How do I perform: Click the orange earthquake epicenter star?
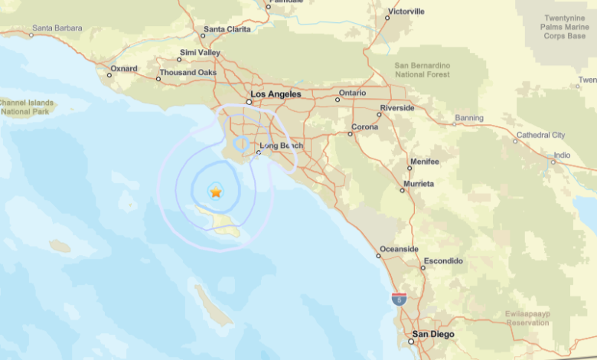(x=216, y=191)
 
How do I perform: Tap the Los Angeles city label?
(x=276, y=94)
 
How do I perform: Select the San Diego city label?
(x=432, y=335)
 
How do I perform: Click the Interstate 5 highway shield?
(x=399, y=299)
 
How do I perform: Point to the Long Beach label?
(x=281, y=146)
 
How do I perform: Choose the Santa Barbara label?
(x=57, y=28)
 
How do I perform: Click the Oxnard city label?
(x=123, y=68)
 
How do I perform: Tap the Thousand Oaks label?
(x=187, y=74)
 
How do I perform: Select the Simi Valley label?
(x=199, y=52)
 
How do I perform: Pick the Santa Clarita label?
(x=227, y=29)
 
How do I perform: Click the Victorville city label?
(x=406, y=11)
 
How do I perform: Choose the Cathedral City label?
(x=540, y=135)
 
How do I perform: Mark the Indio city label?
(x=562, y=155)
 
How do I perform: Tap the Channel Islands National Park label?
(x=26, y=106)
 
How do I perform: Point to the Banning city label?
(x=468, y=118)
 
